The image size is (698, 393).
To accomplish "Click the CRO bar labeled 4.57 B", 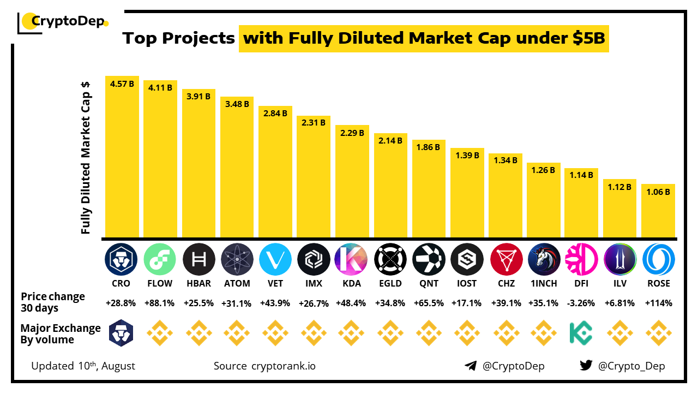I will tap(122, 158).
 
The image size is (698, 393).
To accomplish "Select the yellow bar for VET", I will tap(275, 172).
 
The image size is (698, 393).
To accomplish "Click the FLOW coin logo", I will tap(160, 259).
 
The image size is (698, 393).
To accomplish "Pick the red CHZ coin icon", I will tap(507, 259).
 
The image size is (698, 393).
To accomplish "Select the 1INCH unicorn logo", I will tap(544, 259).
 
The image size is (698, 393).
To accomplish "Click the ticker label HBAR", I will tap(198, 283).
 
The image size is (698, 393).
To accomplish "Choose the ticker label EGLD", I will tap(390, 283).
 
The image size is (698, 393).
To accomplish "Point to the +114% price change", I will tap(658, 303).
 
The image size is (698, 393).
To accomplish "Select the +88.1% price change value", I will tap(160, 303).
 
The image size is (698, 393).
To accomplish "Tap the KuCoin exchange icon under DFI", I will tap(581, 333).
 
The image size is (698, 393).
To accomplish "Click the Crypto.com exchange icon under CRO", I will tap(121, 333).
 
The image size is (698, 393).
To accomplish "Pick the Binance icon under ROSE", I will tap(658, 333).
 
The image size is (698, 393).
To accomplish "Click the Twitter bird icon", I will tap(586, 366).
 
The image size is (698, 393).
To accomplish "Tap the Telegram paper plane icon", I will tap(471, 366).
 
